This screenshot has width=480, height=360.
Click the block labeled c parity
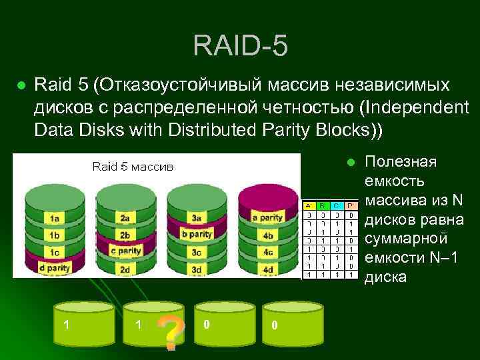click(x=125, y=251)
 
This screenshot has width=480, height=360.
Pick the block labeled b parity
click(x=197, y=235)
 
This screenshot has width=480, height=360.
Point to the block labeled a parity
click(x=268, y=218)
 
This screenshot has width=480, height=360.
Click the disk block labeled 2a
click(x=125, y=218)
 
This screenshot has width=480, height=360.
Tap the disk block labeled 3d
click(x=197, y=269)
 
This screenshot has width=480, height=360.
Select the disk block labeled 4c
click(x=268, y=252)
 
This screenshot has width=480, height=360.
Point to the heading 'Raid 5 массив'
click(x=132, y=166)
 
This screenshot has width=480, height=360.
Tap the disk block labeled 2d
click(x=125, y=269)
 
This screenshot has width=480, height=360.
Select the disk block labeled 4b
click(x=268, y=235)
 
